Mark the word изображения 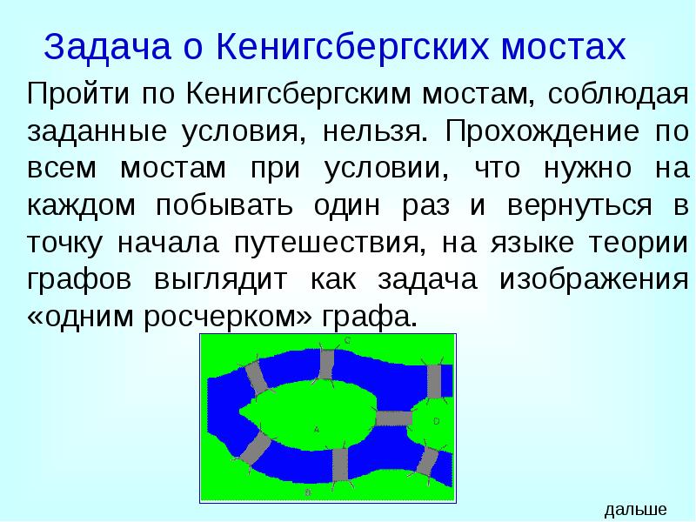[595, 280]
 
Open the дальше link [635, 510]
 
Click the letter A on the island [316, 428]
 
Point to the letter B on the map [309, 492]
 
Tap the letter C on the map [346, 341]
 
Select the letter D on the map [436, 421]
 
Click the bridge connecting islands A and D [393, 418]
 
